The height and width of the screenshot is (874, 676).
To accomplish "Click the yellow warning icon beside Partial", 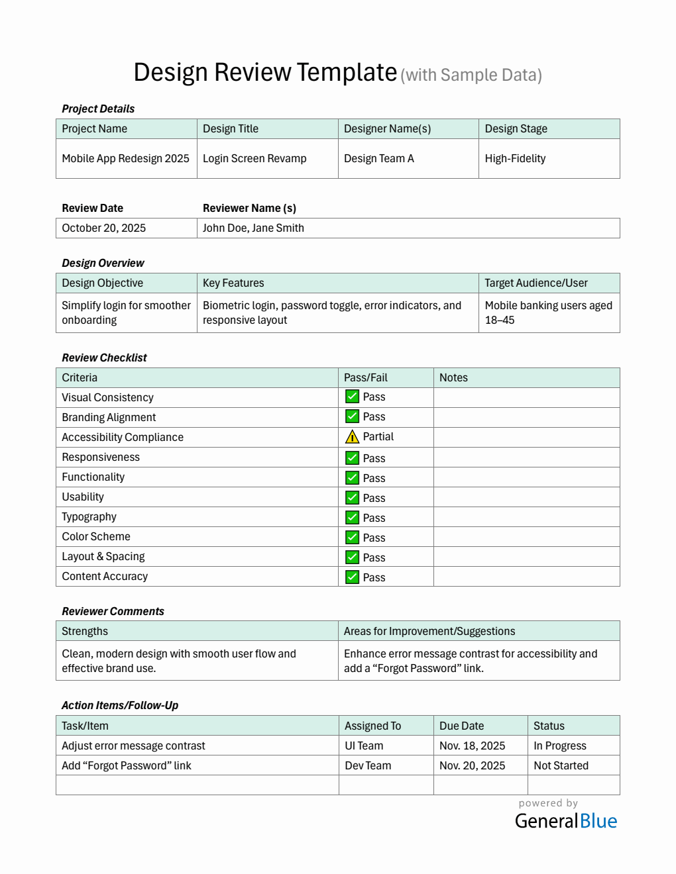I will [x=353, y=437].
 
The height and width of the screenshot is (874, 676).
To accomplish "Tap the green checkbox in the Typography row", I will [x=353, y=518].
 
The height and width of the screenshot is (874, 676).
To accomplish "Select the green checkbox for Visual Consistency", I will [x=353, y=397].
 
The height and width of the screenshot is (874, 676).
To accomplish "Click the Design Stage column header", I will [x=516, y=129].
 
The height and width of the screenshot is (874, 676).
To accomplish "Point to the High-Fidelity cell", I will [x=515, y=159].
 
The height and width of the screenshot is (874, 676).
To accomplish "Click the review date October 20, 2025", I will [x=104, y=228].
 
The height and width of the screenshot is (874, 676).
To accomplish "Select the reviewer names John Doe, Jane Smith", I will [x=253, y=228].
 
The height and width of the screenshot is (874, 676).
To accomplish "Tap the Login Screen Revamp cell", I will [x=254, y=159].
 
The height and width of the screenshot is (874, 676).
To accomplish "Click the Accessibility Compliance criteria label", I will [x=123, y=438].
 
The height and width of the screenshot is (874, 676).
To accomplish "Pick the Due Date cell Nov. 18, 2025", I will [x=472, y=746].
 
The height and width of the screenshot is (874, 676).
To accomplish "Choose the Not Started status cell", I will [x=561, y=766].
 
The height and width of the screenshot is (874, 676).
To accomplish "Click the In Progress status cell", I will [x=560, y=746].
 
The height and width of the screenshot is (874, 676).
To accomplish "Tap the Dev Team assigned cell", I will [x=368, y=766].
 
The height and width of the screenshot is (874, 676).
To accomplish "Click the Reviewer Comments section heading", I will [x=113, y=612].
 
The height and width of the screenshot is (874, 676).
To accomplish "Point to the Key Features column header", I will [x=233, y=283].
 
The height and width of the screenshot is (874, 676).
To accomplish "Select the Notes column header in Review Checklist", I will [x=453, y=378].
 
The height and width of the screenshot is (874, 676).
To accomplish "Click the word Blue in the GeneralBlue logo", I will [x=598, y=822].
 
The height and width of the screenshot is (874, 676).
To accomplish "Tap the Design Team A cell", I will [x=379, y=159].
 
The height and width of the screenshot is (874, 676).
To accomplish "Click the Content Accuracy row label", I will [x=105, y=577].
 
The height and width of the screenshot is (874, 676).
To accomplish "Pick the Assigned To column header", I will [x=372, y=726].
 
